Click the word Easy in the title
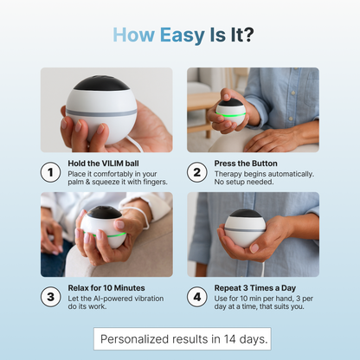coord(183,35)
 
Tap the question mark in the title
coord(248,35)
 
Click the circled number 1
coord(50,172)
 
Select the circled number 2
coord(197,172)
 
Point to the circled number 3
coord(50,297)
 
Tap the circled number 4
coord(197,297)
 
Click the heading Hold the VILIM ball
coord(103,164)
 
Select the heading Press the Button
coord(246,164)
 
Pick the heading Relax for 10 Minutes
coord(106,288)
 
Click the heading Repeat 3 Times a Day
coord(255,288)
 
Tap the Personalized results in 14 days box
coord(183,338)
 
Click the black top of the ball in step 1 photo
coord(101,83)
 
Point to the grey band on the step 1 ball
coord(101,112)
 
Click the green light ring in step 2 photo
coord(230,115)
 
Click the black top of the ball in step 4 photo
coord(246,214)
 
